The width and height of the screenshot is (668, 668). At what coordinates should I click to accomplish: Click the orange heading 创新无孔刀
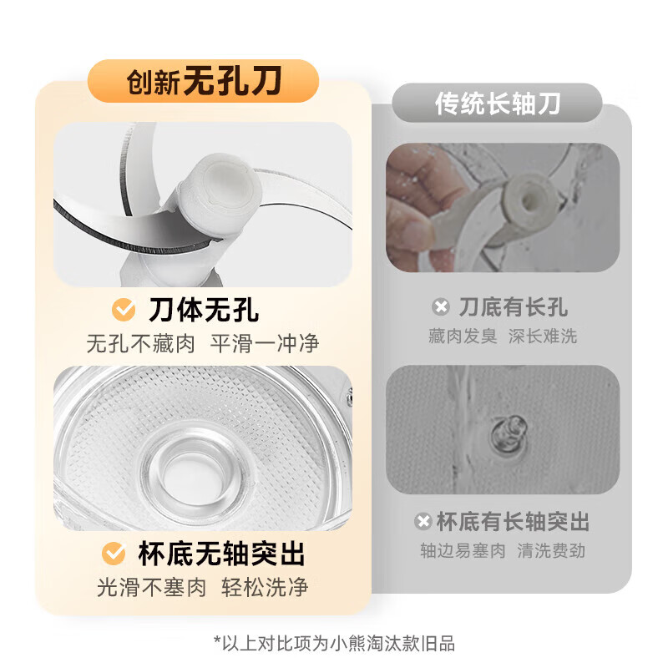[x=204, y=82]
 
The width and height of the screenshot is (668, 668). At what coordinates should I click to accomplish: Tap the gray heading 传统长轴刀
[x=498, y=104]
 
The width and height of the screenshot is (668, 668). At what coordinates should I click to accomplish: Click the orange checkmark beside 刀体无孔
[x=124, y=311]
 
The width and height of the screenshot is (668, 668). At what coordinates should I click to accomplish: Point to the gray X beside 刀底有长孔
[x=441, y=307]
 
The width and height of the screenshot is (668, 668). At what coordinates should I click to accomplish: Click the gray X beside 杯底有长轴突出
[x=423, y=523]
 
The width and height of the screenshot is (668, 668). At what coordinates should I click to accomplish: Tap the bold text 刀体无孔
[x=203, y=311]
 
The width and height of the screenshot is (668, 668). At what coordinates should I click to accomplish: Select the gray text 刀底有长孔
[x=513, y=307]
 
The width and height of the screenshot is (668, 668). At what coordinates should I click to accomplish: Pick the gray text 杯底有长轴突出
[x=513, y=523]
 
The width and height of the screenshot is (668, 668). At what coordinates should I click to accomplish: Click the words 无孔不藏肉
[x=140, y=343]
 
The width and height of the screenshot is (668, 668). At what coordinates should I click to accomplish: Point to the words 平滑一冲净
[x=266, y=343]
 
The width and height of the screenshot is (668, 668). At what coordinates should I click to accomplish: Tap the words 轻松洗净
[x=265, y=587]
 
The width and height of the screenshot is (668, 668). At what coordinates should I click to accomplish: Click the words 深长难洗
[x=543, y=337]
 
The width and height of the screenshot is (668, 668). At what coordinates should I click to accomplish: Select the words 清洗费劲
[x=552, y=551]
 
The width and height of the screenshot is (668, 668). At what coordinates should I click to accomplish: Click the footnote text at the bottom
[x=334, y=643]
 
